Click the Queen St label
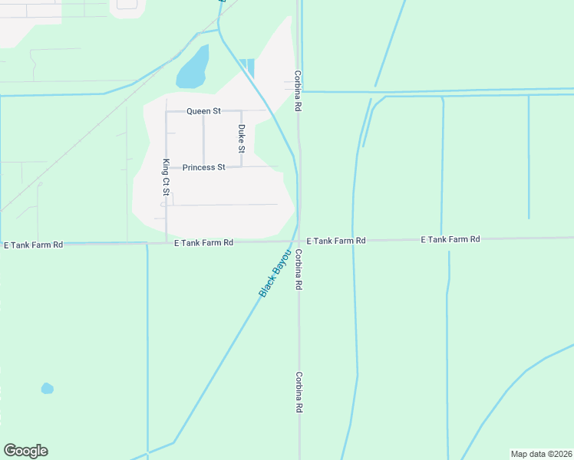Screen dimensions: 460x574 pos(203,111)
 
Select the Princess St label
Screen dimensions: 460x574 pos(203,167)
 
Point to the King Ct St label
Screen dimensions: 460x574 pos(166,178)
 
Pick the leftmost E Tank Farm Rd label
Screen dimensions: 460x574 pos(33,245)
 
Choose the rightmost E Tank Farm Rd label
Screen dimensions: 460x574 pos(450,240)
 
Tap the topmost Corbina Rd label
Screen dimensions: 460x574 pos(296,91)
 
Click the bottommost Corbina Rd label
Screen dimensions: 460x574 pos(299,393)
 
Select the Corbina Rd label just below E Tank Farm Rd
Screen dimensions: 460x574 pos(299,269)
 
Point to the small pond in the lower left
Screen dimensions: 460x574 pos(48,389)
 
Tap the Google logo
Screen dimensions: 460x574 pos(25,451)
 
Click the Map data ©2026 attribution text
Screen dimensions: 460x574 pos(541,454)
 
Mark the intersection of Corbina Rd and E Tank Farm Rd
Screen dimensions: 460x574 pos(299,242)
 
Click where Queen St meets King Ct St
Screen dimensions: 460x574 pos(167,111)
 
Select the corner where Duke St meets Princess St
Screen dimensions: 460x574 pos(242,166)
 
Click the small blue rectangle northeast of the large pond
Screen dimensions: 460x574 pos(246,67)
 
